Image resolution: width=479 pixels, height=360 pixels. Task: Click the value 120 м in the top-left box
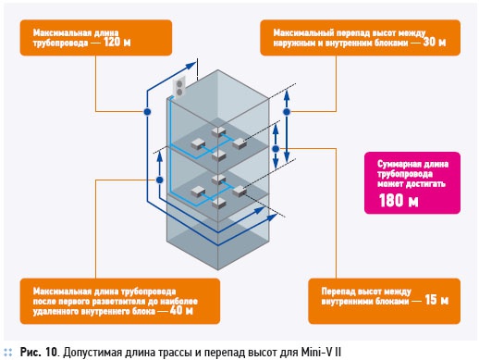(117, 42)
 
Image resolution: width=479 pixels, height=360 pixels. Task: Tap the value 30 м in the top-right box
(435, 42)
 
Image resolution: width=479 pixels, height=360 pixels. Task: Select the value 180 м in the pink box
(399, 200)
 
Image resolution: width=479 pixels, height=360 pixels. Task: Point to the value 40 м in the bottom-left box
(181, 310)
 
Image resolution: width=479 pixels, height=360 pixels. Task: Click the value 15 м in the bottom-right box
(436, 300)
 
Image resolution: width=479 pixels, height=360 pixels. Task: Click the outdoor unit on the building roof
(179, 88)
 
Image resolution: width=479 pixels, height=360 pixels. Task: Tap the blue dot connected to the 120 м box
(147, 112)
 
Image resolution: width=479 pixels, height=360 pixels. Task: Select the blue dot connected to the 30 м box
(287, 112)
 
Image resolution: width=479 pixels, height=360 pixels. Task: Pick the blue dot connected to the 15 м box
(276, 149)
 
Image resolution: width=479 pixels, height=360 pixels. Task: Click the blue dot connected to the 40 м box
(159, 180)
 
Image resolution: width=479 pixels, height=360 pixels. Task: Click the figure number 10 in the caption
(51, 352)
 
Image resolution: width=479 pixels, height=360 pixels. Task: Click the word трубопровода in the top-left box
(60, 43)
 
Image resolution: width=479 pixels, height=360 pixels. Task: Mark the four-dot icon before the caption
(8, 353)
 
